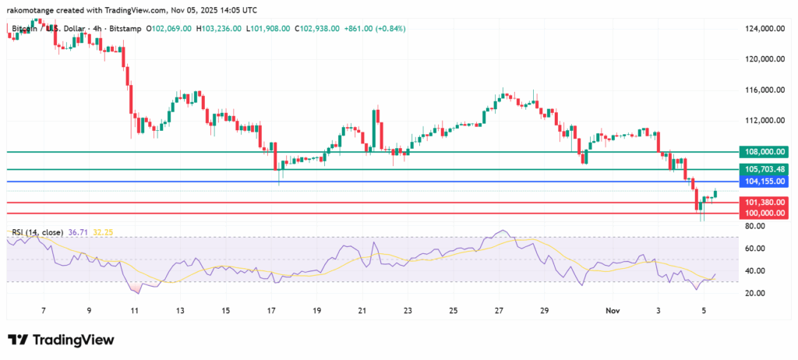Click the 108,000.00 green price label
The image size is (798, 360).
(764, 153)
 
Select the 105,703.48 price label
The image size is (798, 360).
(764, 169)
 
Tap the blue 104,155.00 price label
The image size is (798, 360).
(764, 182)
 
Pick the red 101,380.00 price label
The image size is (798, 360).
(764, 203)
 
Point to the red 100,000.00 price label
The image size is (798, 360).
(764, 213)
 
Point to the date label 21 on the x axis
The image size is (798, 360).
(362, 310)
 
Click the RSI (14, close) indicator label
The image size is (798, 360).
(37, 232)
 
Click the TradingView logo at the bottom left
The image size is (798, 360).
(61, 340)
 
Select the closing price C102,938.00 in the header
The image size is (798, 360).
(316, 29)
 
